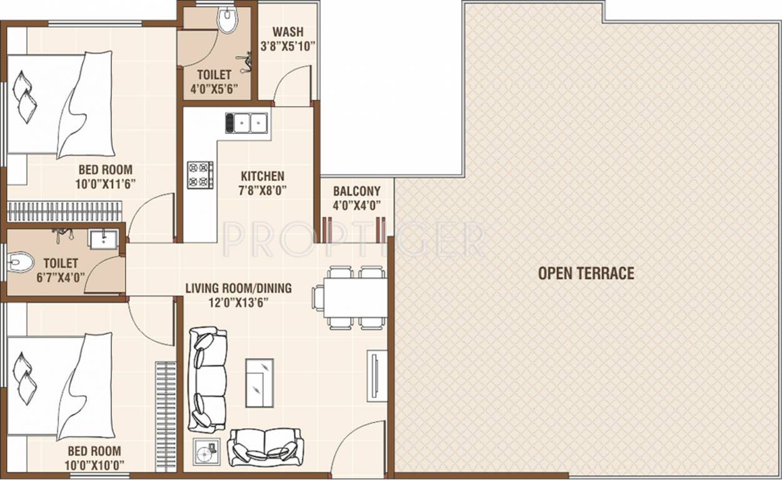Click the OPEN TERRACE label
586,273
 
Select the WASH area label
288,32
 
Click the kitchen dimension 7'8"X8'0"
263,190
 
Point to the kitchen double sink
247,123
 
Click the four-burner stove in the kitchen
201,175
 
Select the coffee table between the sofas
259,382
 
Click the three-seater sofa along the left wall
208,379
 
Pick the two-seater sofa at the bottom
265,447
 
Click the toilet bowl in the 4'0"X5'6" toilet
228,21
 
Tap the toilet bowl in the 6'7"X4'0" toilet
21,262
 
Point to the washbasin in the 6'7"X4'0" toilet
103,239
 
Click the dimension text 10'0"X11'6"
106,183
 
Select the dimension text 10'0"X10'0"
94,464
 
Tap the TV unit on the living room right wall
377,375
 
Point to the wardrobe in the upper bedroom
64,211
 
